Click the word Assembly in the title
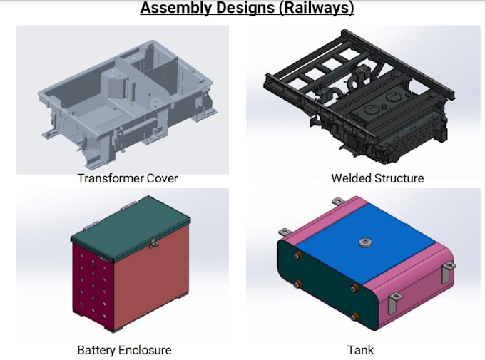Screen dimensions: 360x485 tap(172, 9)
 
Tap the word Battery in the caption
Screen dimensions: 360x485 tap(97, 350)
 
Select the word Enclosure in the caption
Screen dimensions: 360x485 tap(146, 350)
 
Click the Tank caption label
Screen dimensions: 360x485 tap(360, 350)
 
